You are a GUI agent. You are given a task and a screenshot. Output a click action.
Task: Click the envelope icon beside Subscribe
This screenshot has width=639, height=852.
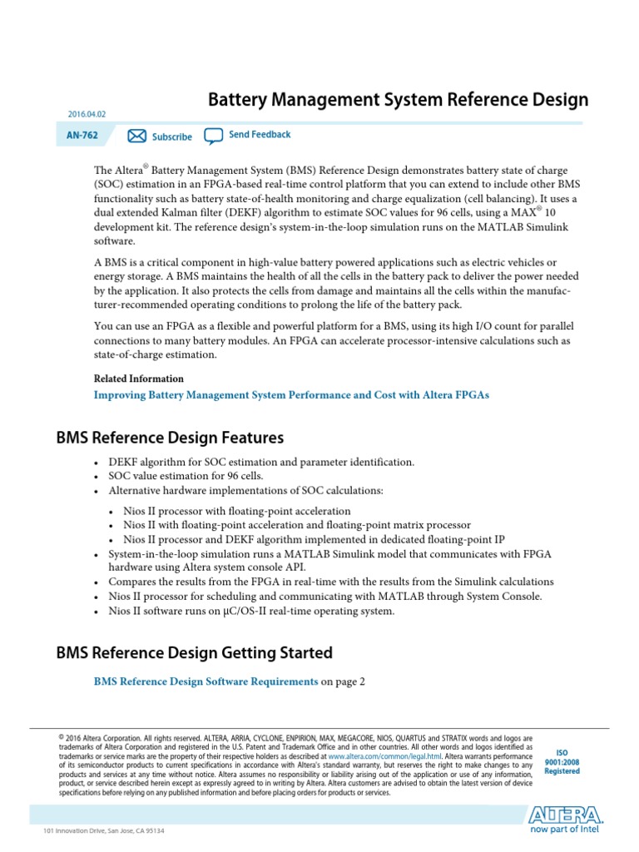coord(137,136)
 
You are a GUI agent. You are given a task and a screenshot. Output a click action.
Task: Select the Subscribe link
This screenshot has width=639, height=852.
coord(171,136)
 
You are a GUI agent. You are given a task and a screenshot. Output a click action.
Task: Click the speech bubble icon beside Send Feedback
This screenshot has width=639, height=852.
coord(214,136)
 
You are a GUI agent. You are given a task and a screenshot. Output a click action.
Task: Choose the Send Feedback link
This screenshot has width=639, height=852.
coord(260,135)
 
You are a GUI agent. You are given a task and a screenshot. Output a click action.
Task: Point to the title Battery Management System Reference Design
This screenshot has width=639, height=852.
coord(397,100)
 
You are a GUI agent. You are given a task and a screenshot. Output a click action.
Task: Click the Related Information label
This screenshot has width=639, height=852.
coord(139,379)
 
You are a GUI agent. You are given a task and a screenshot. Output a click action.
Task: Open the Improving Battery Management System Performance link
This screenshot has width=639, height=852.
coord(292,395)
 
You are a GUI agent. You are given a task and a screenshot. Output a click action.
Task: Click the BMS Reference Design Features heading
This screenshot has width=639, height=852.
coord(170,438)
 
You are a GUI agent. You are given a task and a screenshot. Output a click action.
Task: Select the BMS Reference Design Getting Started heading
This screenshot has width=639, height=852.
coord(194,652)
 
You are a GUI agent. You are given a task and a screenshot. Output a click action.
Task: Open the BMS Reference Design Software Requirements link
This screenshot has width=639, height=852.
coord(206,681)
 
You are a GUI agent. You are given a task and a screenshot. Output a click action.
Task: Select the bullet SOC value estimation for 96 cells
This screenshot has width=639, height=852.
coord(186,476)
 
